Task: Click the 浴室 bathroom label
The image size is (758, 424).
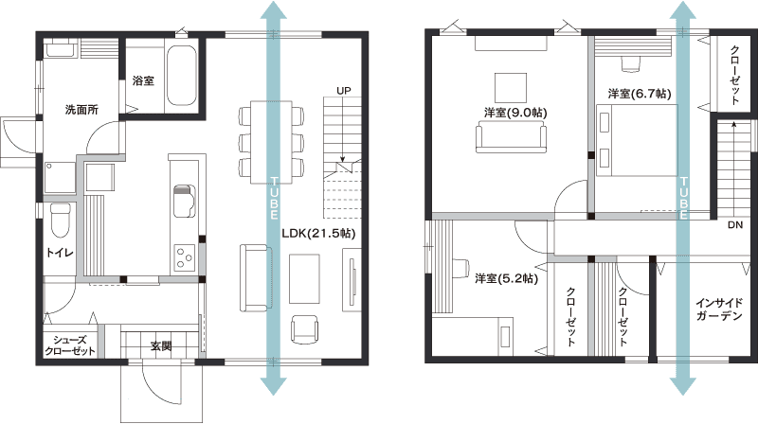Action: point(143,80)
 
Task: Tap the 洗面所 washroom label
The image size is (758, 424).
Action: point(81,110)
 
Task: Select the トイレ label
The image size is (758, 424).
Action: point(60,253)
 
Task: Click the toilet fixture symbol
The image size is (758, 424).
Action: point(61,221)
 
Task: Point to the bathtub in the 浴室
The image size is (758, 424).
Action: point(181,76)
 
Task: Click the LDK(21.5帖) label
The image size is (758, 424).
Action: point(318,234)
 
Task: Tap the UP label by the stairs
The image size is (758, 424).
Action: point(344,91)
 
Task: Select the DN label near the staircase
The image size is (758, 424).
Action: point(735,225)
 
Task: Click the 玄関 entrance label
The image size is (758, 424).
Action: point(160,345)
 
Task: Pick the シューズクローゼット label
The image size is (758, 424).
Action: point(69,345)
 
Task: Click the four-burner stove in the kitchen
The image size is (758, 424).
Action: point(185,257)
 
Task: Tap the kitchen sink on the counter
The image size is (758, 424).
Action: point(184,201)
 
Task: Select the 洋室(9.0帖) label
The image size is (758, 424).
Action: point(515,113)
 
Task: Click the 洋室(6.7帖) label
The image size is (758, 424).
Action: point(640,93)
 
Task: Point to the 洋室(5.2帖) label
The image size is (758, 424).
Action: point(506,278)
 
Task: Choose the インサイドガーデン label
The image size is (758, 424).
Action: point(719,309)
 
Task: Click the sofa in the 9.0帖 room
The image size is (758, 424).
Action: point(511,137)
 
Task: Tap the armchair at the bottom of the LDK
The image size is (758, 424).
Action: point(304,329)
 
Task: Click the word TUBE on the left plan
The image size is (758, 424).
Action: point(274,198)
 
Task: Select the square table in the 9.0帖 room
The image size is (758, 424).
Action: point(511,88)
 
